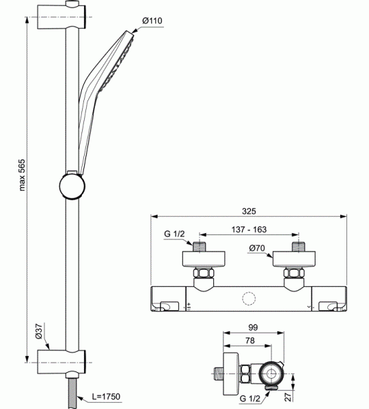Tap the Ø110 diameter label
[x=152, y=21]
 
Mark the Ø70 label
[x=258, y=247]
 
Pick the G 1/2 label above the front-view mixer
[x=175, y=234]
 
